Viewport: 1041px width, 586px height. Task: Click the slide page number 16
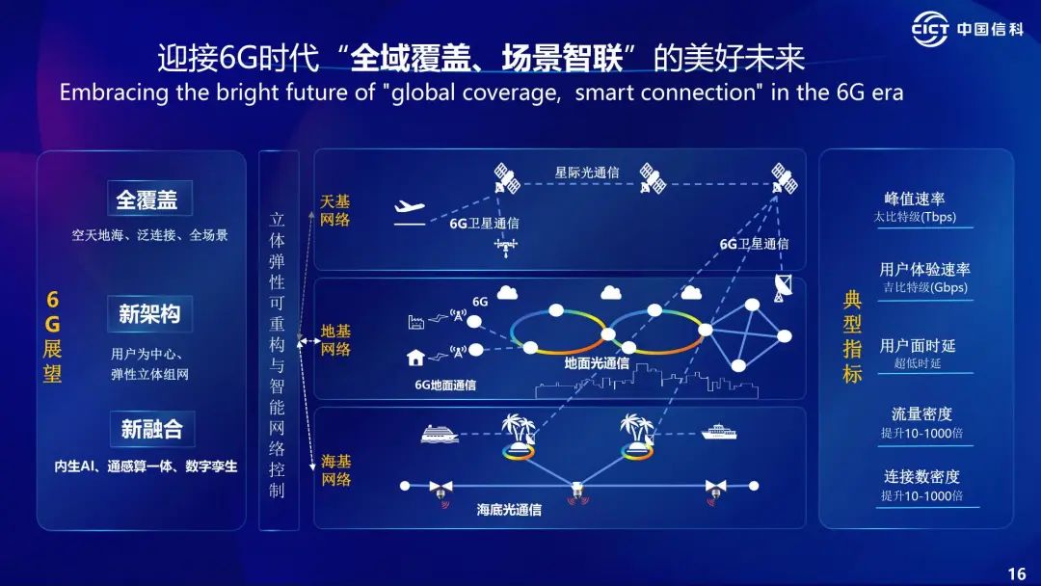coord(1017,573)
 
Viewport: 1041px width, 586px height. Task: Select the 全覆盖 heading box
coord(150,199)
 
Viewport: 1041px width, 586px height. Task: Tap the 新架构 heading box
coord(150,314)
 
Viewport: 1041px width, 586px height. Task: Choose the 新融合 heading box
coord(152,429)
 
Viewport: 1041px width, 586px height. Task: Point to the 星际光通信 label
coord(587,173)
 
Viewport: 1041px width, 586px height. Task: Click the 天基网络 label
coord(334,210)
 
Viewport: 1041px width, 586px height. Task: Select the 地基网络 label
coord(335,340)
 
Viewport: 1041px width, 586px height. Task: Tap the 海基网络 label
coord(336,470)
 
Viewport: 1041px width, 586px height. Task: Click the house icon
coord(415,358)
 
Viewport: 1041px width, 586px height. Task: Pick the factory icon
coord(416,323)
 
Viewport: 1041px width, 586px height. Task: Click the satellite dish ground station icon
coord(783,287)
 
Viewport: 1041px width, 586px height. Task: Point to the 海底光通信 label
coord(509,510)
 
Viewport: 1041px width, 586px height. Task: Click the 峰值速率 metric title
coord(915,199)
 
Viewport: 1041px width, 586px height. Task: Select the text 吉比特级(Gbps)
coord(924,287)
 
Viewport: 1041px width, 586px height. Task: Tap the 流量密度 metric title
coord(921,414)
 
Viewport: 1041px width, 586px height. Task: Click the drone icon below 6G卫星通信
coord(506,246)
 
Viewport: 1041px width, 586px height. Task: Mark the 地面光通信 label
coord(597,363)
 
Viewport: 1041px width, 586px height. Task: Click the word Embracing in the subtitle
coord(114,93)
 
